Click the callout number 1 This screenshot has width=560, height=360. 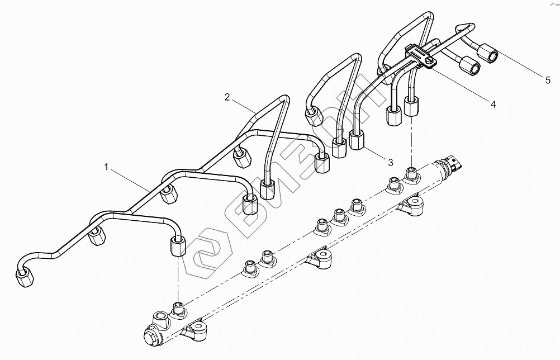coord(106,167)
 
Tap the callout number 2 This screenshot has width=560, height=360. coord(227,97)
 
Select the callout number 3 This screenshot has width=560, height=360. coord(390,162)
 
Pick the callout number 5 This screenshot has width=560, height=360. coord(548,80)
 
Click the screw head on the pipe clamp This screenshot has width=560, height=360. coord(429,61)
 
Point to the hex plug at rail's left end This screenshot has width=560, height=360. coord(152,337)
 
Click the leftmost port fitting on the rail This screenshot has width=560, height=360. coord(178,307)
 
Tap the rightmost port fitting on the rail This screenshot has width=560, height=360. coord(411,174)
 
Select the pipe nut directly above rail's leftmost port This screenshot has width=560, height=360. coord(178,247)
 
